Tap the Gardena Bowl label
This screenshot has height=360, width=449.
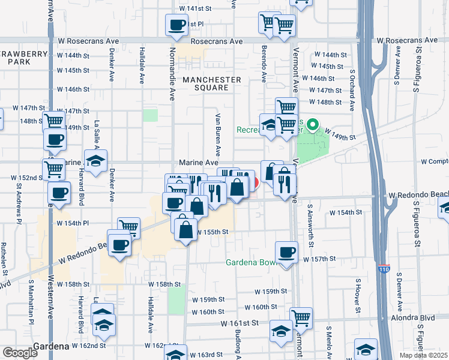pyautogui.click(x=250, y=263)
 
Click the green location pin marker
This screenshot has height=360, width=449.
pyautogui.click(x=312, y=126)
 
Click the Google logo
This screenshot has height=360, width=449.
pyautogui.click(x=20, y=353)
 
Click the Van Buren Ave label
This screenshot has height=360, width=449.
pyautogui.click(x=211, y=132)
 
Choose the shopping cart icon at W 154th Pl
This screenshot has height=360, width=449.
pyautogui.click(x=128, y=227)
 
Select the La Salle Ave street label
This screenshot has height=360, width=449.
pyautogui.click(x=96, y=137)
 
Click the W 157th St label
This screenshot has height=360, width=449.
pyautogui.click(x=318, y=259)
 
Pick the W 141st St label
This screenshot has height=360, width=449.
pyautogui.click(x=196, y=9)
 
